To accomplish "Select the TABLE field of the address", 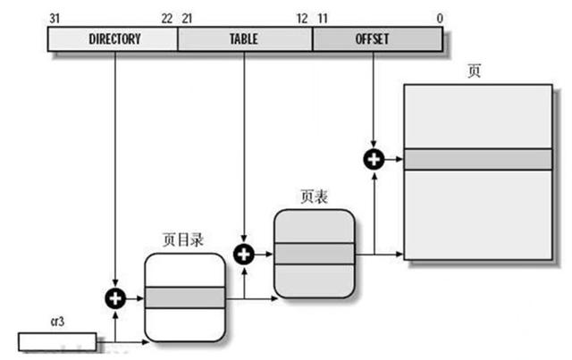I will pyautogui.click(x=244, y=39).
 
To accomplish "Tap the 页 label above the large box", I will pyautogui.click(x=474, y=71).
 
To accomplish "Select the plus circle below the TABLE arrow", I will pyautogui.click(x=244, y=254).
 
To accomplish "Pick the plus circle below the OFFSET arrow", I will pyautogui.click(x=372, y=159).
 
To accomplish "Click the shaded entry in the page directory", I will pyautogui.click(x=184, y=297).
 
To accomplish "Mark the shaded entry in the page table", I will pyautogui.click(x=314, y=254).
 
